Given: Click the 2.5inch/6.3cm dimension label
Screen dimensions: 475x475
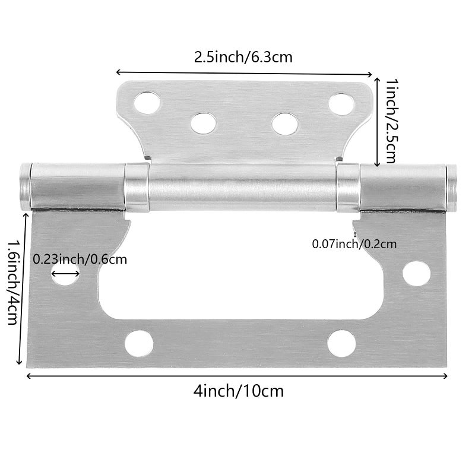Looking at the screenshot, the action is tap(243, 57).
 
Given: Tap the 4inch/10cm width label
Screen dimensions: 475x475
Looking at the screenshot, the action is tap(239, 391).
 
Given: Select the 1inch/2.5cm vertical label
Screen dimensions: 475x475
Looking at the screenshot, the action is tap(391, 121).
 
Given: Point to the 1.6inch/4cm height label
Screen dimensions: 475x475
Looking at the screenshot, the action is tap(13, 282).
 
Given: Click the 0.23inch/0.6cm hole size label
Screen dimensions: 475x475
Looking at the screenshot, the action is tap(80, 259).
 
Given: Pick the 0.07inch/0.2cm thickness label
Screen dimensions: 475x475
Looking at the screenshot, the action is tap(354, 244).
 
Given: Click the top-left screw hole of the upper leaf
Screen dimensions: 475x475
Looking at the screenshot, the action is tap(147, 103).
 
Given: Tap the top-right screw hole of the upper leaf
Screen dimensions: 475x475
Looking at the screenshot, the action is tap(341, 104).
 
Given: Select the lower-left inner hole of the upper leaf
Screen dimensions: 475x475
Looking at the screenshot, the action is tap(203, 123).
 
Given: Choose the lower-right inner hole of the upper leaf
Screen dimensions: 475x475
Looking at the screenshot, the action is tap(285, 124).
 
